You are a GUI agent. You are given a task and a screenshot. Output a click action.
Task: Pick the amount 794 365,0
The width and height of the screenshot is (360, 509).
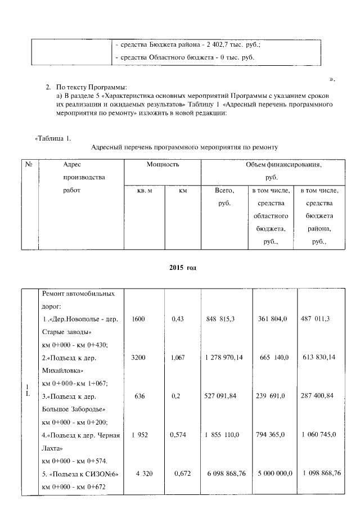tap(273, 435)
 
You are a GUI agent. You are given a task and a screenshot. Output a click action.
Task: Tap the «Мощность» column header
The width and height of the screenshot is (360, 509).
tap(163, 165)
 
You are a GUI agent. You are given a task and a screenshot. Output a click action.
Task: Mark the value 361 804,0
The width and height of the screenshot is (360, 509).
tap(273, 319)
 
